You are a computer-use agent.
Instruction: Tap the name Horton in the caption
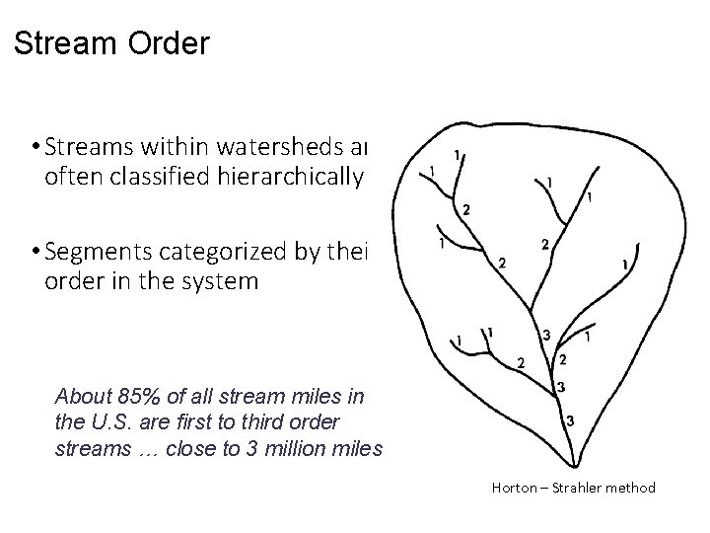pos(513,487)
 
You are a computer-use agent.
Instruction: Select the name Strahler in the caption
pos(581,487)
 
